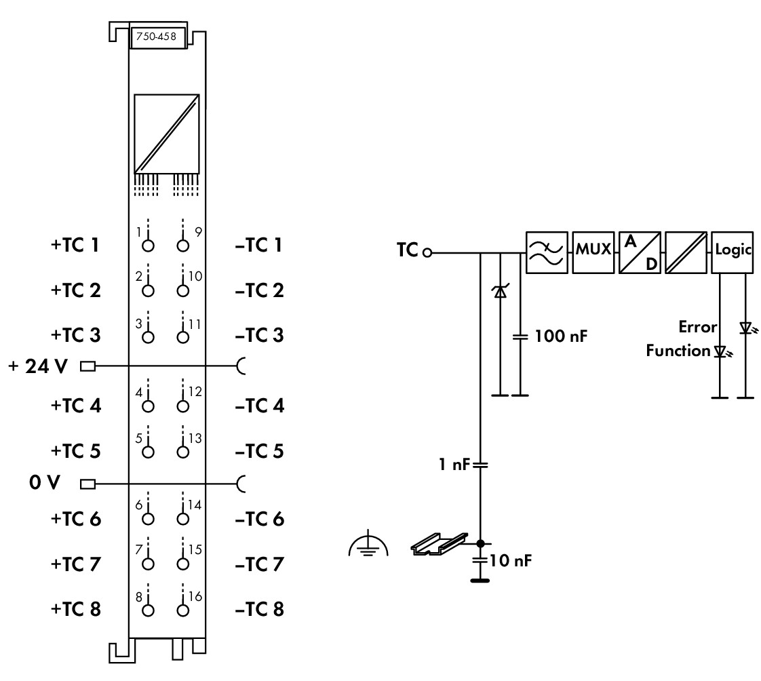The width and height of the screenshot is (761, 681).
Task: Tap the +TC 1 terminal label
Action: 75,245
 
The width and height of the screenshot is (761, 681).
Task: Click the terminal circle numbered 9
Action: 182,245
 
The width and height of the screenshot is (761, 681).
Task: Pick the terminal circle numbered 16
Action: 182,609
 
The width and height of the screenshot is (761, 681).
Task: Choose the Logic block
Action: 733,250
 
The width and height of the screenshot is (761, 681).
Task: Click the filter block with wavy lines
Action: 547,251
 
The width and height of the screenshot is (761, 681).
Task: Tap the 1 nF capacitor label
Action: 451,465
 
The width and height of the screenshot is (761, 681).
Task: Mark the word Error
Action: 698,328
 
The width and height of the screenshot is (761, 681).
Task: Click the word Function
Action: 678,351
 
